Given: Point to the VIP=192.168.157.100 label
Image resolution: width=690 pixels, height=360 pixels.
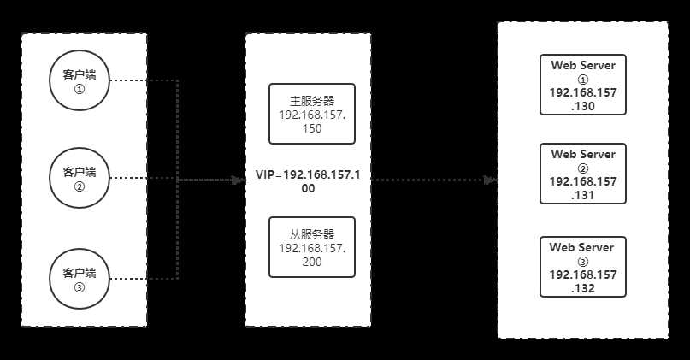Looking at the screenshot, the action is coord(308,181).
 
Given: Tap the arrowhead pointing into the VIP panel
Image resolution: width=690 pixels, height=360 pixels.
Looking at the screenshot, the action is coord(239,180).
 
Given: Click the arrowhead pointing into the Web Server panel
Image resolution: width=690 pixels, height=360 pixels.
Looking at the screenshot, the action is coord(491,180).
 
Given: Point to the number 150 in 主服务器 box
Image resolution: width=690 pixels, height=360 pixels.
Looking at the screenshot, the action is coord(312,128).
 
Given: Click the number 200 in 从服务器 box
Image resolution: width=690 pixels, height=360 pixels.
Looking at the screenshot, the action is coord(312,262).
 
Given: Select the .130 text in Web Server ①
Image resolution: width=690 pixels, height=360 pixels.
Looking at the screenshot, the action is coord(583,107).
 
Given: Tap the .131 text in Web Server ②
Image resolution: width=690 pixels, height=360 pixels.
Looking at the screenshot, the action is coord(583,196).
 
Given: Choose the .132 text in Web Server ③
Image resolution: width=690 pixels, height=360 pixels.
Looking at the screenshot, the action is coord(583,289).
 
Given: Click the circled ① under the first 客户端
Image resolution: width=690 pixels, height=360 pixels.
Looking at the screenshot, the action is coord(80,89).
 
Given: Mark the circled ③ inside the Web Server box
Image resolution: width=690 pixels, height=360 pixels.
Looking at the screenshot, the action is coord(582,262).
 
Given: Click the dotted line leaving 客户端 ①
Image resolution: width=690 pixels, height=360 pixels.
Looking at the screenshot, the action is coord(144,80).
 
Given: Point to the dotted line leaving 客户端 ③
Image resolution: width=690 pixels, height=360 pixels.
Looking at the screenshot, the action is coord(144,279).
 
